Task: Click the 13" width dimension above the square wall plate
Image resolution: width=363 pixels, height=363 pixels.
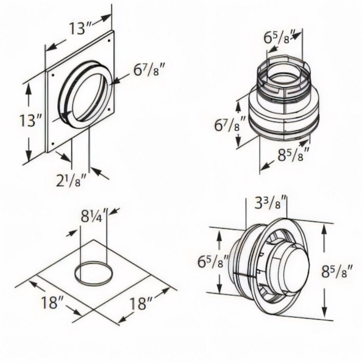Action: pyautogui.click(x=78, y=28)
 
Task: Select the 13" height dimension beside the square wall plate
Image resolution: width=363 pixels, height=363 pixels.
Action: pyautogui.click(x=33, y=120)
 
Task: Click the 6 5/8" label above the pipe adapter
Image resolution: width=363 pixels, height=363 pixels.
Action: pyautogui.click(x=280, y=37)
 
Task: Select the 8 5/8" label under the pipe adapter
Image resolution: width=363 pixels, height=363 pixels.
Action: pyautogui.click(x=294, y=154)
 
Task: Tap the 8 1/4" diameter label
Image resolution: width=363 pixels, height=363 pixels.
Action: pyautogui.click(x=93, y=214)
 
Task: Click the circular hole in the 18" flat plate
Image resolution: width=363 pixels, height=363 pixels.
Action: pyautogui.click(x=93, y=274)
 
